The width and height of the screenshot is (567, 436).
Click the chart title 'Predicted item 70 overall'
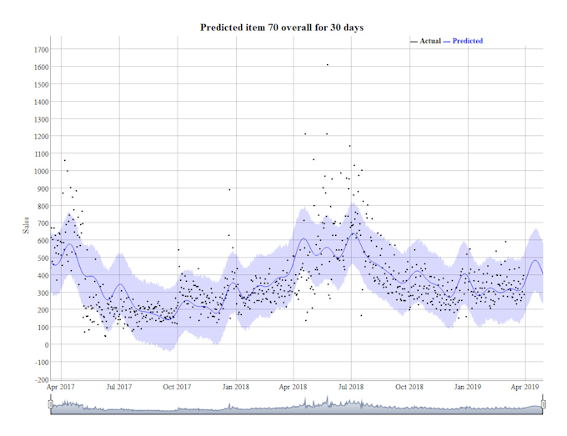coord(282,28)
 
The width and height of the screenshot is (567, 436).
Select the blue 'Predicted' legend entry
coord(467,41)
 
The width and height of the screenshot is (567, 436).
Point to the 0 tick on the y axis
coord(43,344)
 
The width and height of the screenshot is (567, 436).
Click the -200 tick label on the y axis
coord(36,379)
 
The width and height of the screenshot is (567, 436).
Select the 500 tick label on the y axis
coord(38,258)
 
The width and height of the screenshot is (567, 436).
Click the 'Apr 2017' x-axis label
coord(61,388)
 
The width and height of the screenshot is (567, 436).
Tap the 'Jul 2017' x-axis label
coord(119,388)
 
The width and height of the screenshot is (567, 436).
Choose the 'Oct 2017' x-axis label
coord(177,388)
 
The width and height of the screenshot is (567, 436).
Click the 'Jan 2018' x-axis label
coord(235,388)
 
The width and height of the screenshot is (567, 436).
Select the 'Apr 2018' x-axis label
coord(293,388)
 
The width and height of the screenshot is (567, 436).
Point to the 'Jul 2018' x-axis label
coord(351,388)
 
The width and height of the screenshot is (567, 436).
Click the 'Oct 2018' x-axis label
coord(409,388)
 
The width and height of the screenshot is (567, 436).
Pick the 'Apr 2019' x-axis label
coord(524,388)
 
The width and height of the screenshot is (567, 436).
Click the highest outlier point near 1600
coord(327,64)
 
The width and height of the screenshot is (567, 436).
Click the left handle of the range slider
coord(51,404)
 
